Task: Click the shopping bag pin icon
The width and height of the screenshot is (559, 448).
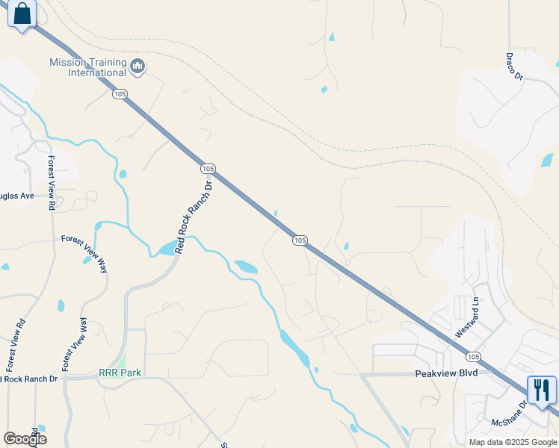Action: (x=22, y=14)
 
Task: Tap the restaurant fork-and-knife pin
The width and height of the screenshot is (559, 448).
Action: (x=542, y=390)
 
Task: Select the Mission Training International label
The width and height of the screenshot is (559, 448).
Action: (x=87, y=67)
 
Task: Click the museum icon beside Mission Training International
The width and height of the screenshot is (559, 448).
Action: (x=137, y=67)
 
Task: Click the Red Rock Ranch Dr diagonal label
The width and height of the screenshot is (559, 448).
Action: (x=194, y=217)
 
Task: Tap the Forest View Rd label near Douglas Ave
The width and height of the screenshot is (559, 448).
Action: (x=52, y=182)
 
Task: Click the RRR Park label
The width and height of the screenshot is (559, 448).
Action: (x=120, y=372)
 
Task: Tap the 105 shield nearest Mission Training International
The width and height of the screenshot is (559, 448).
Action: (x=120, y=94)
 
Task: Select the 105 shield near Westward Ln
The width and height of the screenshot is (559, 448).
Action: (x=472, y=353)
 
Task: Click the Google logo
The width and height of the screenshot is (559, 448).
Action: (x=24, y=438)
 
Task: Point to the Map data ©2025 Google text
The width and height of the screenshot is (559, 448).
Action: (x=513, y=442)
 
